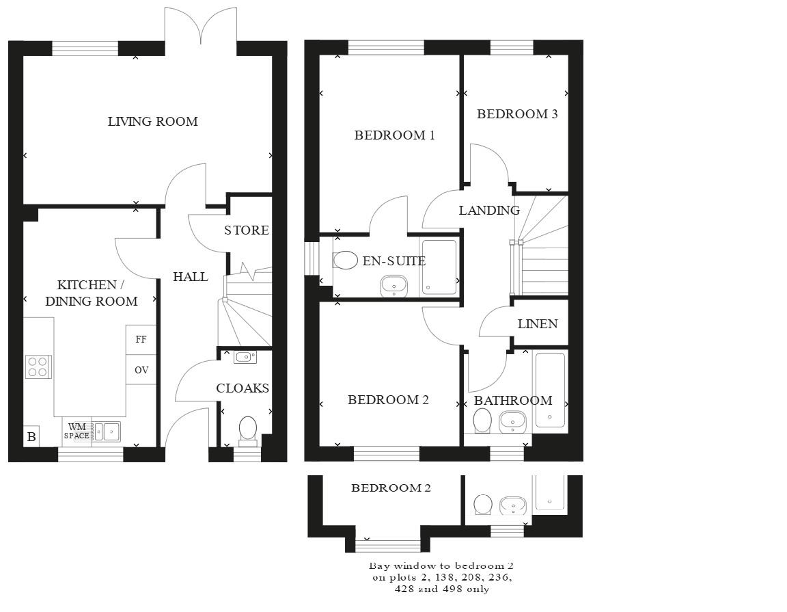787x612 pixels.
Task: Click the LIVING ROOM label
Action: (152, 122)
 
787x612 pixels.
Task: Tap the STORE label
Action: (246, 230)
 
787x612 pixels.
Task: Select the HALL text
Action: (190, 277)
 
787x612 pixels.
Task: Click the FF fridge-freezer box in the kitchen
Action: (141, 339)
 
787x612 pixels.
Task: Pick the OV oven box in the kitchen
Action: (141, 370)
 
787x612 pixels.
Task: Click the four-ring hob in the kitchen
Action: (38, 367)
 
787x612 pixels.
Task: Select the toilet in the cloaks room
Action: (247, 429)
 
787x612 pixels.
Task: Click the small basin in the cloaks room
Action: (245, 356)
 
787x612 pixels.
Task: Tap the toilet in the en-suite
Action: (346, 260)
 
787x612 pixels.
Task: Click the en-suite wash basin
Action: (393, 285)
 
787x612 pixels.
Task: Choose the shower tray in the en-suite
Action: (439, 267)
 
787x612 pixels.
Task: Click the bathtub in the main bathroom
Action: (550, 389)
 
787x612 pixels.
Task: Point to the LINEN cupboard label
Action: (538, 324)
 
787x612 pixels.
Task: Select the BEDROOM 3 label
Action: (517, 114)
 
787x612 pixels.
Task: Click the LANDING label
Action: (488, 211)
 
